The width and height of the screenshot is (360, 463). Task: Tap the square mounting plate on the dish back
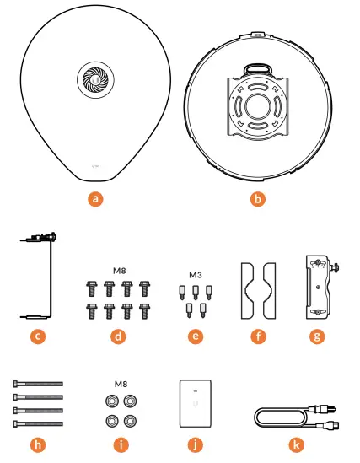point(259,109)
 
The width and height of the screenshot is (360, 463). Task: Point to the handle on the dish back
point(258,68)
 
